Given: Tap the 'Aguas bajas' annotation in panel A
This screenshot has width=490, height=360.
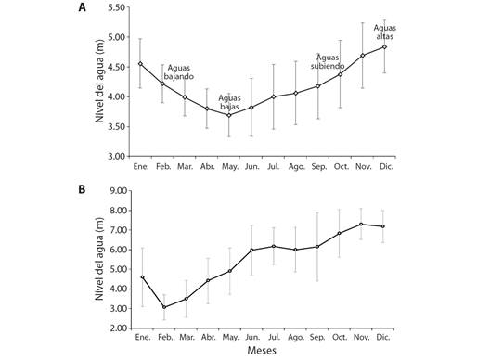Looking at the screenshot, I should click(229, 101).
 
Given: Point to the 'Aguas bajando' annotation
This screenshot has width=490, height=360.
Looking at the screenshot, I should click(181, 71).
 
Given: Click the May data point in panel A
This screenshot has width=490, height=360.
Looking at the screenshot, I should click(229, 115).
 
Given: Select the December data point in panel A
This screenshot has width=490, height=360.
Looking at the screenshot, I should click(384, 46).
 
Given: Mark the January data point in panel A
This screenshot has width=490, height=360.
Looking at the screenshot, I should click(140, 64).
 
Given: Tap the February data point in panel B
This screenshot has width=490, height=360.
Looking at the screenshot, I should click(163, 307).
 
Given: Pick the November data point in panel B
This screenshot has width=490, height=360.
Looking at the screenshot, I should click(362, 224).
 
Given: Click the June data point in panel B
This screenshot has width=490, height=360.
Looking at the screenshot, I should click(251, 250).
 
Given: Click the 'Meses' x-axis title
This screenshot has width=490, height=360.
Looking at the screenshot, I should click(263, 352).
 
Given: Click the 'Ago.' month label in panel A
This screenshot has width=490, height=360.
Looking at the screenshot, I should click(296, 167).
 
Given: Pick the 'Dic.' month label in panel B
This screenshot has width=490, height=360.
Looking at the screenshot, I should click(384, 340).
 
